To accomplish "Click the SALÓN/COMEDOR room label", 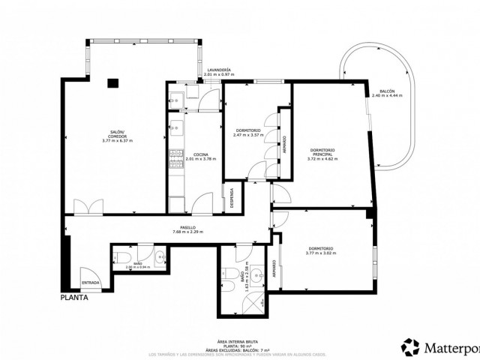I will click(x=116, y=134).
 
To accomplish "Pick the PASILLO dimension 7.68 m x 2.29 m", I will click(x=187, y=232).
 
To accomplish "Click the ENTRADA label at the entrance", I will click(x=91, y=282).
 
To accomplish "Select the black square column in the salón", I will click(x=112, y=83).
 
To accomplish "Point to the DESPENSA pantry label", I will click(x=232, y=196).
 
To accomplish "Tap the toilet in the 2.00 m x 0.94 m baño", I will click(x=159, y=258).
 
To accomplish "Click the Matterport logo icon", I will click(x=412, y=348).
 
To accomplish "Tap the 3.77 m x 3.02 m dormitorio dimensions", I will click(x=321, y=253).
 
